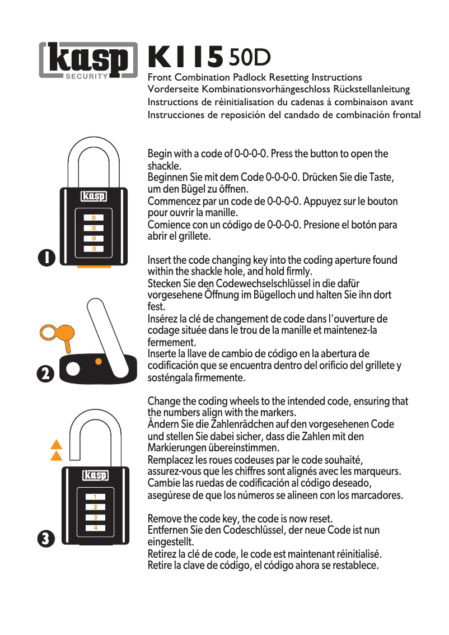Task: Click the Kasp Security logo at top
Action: [88, 60]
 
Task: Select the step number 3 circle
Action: [46, 539]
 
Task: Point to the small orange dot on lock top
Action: [99, 362]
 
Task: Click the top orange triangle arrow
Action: [56, 446]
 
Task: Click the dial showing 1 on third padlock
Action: [96, 497]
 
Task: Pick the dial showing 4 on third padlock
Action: [96, 528]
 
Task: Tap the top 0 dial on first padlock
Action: [93, 217]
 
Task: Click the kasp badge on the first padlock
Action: [93, 197]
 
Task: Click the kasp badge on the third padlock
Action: [95, 476]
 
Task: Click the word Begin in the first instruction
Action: [160, 154]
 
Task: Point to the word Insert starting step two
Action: [160, 260]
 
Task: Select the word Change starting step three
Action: [164, 401]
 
